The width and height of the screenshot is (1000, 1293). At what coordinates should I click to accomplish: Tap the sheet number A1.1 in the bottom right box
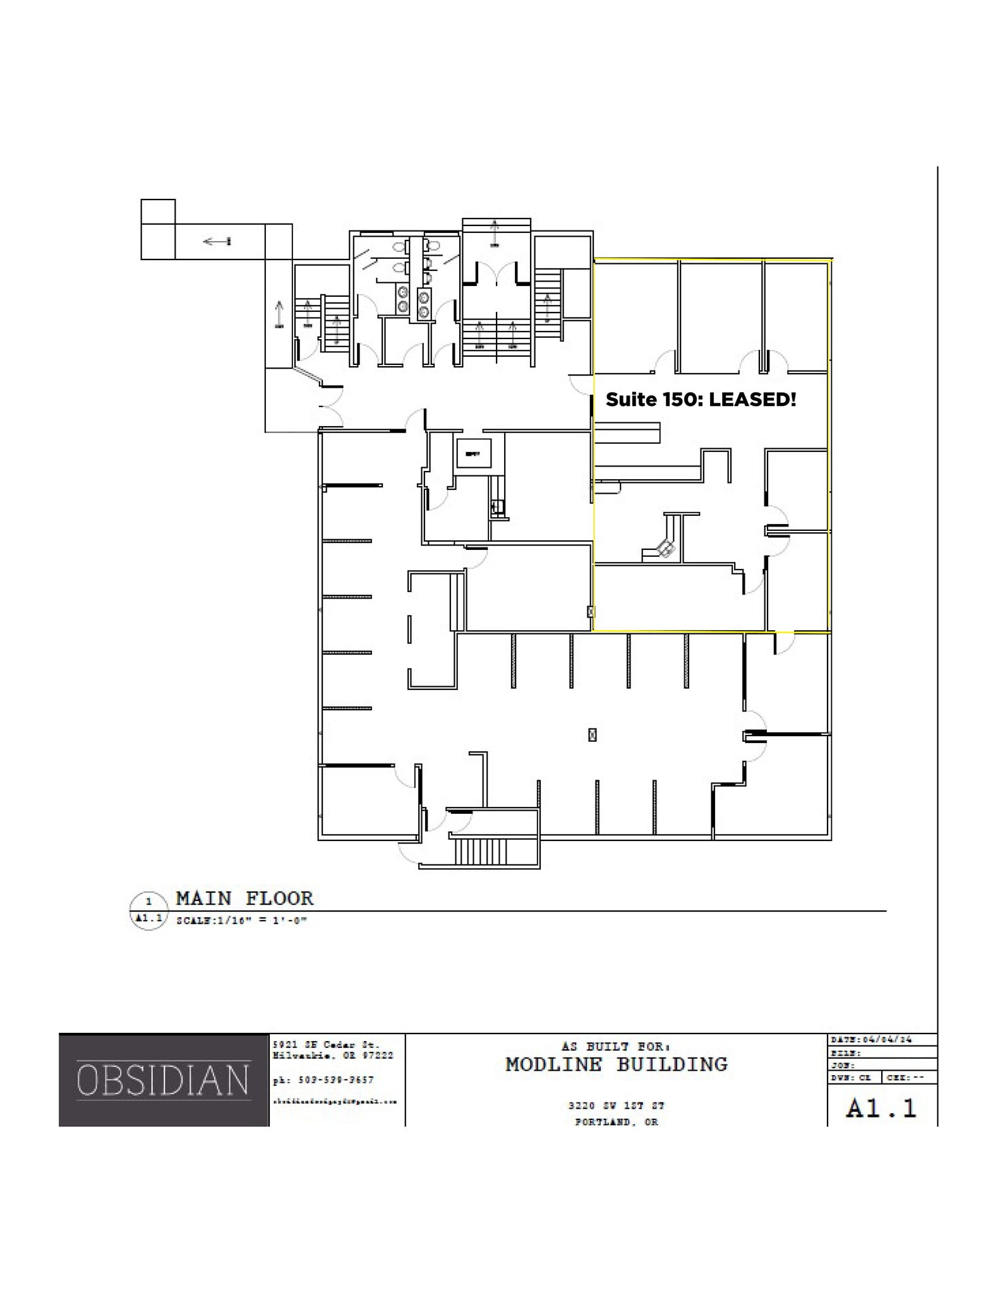click(x=881, y=1109)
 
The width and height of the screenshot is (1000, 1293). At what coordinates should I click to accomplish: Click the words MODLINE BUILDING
click(x=616, y=1065)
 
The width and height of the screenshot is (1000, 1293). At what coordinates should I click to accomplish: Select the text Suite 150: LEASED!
click(x=701, y=400)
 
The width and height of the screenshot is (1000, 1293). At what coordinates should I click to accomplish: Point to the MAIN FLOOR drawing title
click(x=244, y=898)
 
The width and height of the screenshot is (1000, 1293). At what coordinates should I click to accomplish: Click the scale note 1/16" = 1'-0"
click(x=242, y=921)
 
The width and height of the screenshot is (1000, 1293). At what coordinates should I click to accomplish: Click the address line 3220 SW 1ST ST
click(x=616, y=1106)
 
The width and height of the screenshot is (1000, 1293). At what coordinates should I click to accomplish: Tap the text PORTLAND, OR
click(x=616, y=1122)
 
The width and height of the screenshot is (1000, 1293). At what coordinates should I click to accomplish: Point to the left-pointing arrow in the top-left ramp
click(x=217, y=241)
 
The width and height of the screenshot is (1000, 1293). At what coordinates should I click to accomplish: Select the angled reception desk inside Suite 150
click(x=665, y=547)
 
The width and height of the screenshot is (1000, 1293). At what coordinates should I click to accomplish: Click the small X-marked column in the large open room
click(x=592, y=734)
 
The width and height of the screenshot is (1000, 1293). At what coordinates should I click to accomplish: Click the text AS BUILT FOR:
click(x=616, y=1047)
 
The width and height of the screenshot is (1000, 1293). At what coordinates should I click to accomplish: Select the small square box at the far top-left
click(x=158, y=211)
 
